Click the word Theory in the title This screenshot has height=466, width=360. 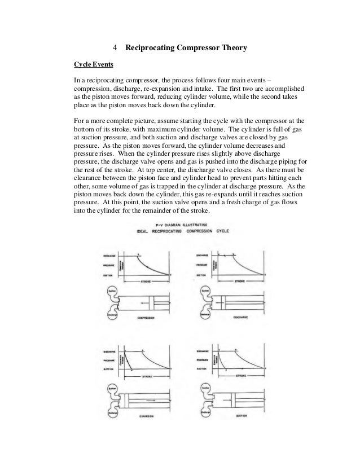(228, 49)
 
